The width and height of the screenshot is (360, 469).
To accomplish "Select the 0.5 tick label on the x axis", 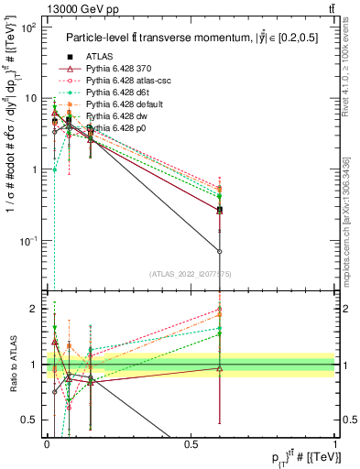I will (191, 444).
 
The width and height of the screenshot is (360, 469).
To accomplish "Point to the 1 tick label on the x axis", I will (336, 444).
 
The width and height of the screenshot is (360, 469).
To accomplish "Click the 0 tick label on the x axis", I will (47, 444).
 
